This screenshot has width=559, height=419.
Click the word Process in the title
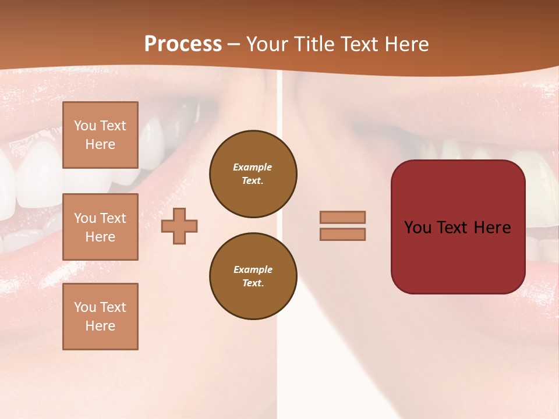click(x=183, y=44)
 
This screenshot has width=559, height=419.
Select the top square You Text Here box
click(x=100, y=135)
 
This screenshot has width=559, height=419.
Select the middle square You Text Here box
click(x=100, y=227)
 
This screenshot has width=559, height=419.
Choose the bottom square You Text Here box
click(x=100, y=316)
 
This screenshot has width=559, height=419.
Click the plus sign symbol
click(x=179, y=226)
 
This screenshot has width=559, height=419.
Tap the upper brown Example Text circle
click(x=253, y=173)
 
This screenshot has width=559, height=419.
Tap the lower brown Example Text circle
click(x=253, y=276)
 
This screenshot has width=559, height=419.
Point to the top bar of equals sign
click(x=342, y=218)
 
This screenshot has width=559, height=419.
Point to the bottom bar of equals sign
click(x=342, y=234)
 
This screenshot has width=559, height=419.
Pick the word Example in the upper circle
click(x=252, y=167)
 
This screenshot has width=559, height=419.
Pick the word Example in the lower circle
click(x=253, y=269)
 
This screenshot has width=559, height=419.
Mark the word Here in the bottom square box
click(x=100, y=326)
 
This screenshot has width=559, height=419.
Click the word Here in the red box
click(x=492, y=228)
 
